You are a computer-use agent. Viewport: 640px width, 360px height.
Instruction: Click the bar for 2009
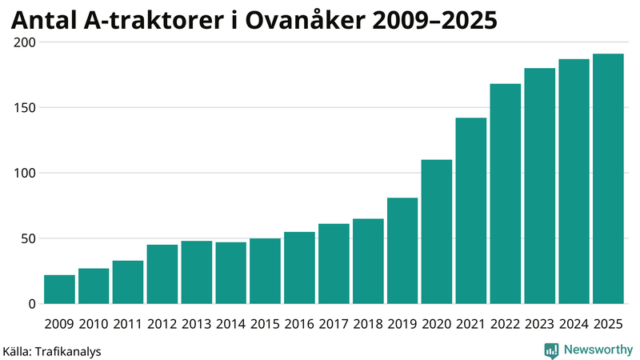click(59, 290)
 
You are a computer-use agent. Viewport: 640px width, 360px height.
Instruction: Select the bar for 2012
click(162, 274)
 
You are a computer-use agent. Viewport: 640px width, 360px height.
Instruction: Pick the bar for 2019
click(402, 250)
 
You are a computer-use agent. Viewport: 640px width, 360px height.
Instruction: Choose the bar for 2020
click(437, 232)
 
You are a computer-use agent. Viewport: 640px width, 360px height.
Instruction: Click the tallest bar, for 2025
click(608, 179)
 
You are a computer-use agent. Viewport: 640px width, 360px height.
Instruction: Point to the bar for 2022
click(506, 194)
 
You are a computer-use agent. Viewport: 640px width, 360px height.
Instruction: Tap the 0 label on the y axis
click(32, 304)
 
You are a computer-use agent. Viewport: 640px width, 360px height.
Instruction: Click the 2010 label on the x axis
click(94, 323)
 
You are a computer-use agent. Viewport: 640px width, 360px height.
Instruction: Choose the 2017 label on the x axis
click(334, 323)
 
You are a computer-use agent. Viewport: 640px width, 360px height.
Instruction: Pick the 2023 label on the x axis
click(540, 323)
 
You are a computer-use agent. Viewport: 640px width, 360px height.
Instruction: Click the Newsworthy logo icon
click(551, 350)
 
